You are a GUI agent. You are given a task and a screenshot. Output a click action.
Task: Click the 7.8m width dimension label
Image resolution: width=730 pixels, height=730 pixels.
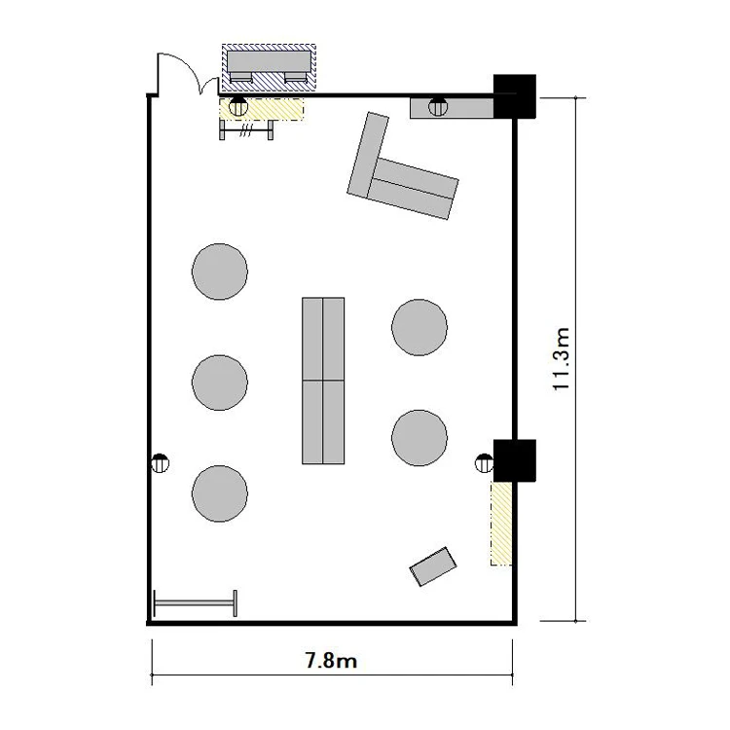pos(331,660)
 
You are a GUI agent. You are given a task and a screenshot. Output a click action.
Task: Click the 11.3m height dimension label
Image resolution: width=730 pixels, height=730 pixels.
pos(561,359)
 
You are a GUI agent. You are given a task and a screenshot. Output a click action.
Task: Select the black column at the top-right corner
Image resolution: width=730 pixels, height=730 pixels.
pos(515,96)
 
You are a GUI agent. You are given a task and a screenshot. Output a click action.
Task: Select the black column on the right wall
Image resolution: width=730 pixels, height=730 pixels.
pos(515,460)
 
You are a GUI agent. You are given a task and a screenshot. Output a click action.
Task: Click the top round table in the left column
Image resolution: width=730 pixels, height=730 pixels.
pos(220,272)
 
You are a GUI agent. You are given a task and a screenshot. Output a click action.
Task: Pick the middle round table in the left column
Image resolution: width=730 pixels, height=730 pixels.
pos(220,383)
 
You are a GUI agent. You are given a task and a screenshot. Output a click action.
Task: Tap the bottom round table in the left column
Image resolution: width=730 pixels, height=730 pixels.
pos(220,493)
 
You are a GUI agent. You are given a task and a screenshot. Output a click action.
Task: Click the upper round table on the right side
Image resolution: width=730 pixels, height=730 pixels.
pos(420,327)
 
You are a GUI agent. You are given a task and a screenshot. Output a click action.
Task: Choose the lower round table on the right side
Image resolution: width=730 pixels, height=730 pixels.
pos(420,438)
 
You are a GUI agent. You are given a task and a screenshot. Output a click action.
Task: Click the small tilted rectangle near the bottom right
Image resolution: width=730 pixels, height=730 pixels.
pos(433,566)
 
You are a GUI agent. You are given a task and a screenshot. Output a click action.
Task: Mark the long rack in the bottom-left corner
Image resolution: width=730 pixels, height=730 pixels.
pos(196,603)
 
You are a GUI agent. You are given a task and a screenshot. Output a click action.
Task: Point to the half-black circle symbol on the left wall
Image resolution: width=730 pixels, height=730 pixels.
pos(161,463)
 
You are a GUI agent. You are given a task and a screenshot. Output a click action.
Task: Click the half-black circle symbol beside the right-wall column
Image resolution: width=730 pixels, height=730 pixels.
pos(484,463)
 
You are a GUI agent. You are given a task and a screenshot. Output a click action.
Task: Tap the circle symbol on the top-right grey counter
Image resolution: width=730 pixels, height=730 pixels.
pos(438,107)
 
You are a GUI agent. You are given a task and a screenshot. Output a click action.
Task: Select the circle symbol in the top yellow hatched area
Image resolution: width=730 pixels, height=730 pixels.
pos(238,107)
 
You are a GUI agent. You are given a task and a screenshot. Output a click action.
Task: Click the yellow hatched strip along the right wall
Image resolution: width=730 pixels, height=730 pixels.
pos(501,524)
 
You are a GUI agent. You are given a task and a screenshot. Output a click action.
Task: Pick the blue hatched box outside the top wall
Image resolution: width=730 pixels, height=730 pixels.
pos(269,68)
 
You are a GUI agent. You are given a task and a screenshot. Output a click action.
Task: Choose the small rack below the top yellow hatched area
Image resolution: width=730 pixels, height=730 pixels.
pos(246,129)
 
